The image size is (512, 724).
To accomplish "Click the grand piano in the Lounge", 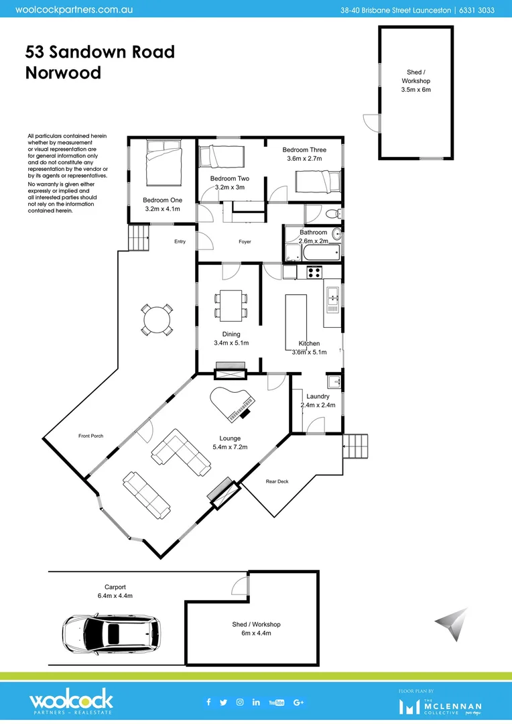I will tap(232, 404).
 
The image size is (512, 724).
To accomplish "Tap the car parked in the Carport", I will tap(112, 633).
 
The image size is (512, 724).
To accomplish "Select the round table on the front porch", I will tap(157, 320).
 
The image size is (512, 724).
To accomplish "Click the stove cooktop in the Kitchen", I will tap(314, 272).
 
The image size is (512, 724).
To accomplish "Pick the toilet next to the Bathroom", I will tap(333, 214).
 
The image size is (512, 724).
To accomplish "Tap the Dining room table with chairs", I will tap(231, 304).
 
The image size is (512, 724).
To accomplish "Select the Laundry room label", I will tap(318, 396).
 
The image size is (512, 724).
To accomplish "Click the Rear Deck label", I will tap(277, 481).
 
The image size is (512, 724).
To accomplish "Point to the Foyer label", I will tap(245, 241).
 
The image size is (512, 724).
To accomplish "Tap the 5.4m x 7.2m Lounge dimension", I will tap(231, 446).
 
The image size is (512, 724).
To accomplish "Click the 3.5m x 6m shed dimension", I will tap(415, 89).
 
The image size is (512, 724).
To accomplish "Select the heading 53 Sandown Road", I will tap(100, 52).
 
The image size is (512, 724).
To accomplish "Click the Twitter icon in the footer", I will tap(224, 702).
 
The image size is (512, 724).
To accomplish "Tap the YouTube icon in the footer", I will tap(276, 702).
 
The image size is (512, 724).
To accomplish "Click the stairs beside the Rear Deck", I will tap(355, 446).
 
